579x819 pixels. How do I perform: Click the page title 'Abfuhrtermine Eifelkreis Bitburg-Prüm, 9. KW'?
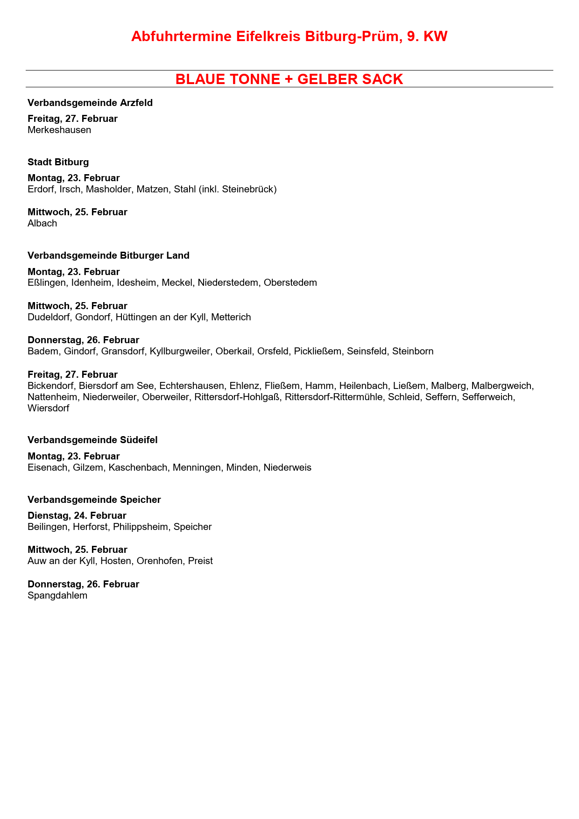pyautogui.click(x=289, y=36)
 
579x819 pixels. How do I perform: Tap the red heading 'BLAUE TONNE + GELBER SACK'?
pyautogui.click(x=289, y=79)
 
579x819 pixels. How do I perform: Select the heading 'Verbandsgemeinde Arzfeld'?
pyautogui.click(x=90, y=103)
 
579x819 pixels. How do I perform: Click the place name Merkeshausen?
pyautogui.click(x=59, y=130)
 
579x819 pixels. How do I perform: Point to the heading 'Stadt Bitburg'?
pyautogui.click(x=58, y=162)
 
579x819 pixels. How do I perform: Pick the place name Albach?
pyautogui.click(x=42, y=223)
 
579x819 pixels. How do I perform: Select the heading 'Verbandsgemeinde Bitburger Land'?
pyautogui.click(x=108, y=255)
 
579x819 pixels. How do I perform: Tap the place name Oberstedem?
pyautogui.click(x=290, y=282)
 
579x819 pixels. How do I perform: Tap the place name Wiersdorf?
pyautogui.click(x=48, y=408)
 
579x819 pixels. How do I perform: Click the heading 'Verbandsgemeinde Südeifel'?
pyautogui.click(x=92, y=440)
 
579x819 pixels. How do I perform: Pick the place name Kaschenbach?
pyautogui.click(x=138, y=467)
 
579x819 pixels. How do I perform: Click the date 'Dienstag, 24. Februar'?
pyautogui.click(x=77, y=515)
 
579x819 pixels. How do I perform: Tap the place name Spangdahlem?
pyautogui.click(x=57, y=595)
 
